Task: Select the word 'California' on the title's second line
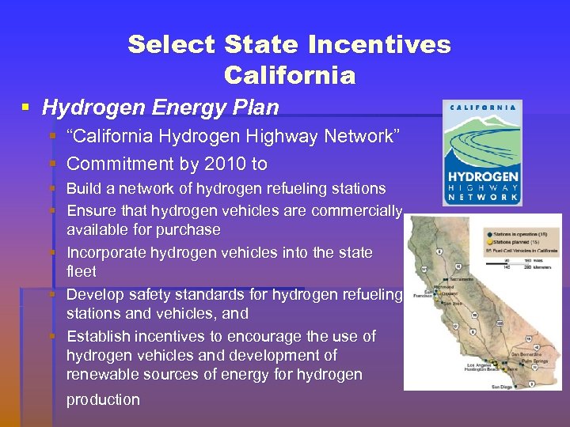coord(290,76)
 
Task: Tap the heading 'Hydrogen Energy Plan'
coord(161,107)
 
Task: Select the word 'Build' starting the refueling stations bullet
coord(83,189)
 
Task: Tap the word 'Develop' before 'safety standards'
coord(94,294)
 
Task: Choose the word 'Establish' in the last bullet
coord(99,336)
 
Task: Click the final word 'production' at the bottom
coord(103,400)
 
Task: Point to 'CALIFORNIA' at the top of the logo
coord(483,108)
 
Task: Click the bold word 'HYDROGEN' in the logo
coord(483,176)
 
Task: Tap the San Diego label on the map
coord(502,386)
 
